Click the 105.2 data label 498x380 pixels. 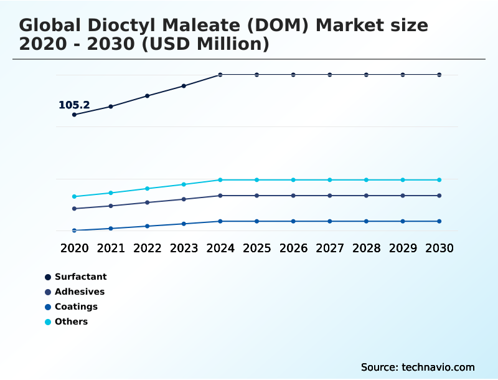click(x=74, y=105)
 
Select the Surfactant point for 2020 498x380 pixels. click(x=74, y=115)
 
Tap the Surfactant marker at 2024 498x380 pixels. click(x=220, y=75)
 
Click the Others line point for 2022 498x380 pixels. click(x=148, y=188)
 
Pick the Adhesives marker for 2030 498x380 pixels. click(x=439, y=196)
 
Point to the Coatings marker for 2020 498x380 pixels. click(x=74, y=230)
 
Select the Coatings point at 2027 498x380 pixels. click(x=330, y=221)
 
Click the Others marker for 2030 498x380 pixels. click(x=439, y=180)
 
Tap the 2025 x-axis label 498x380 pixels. click(x=256, y=248)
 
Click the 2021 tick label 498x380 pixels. click(x=111, y=248)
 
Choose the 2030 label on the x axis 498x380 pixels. click(x=439, y=248)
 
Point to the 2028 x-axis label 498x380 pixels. click(x=366, y=248)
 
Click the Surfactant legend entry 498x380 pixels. click(x=80, y=277)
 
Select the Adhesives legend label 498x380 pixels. click(x=79, y=292)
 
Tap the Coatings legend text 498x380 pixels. click(x=76, y=306)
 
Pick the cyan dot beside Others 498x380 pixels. click(x=48, y=322)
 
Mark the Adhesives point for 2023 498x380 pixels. click(x=184, y=199)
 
